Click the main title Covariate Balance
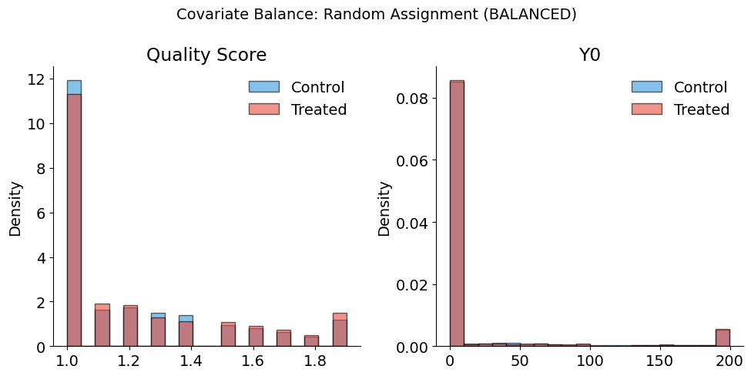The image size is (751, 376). (x=376, y=14)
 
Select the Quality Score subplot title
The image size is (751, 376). (x=206, y=55)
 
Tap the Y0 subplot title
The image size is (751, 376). (x=589, y=55)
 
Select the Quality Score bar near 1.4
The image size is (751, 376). (x=186, y=332)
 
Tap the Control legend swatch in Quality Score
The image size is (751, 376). (x=263, y=87)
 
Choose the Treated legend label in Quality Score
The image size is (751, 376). (x=319, y=109)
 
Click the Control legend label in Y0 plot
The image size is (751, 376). (x=701, y=87)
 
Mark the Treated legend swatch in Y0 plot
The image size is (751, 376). (x=646, y=109)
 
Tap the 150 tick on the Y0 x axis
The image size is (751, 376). (x=660, y=361)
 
